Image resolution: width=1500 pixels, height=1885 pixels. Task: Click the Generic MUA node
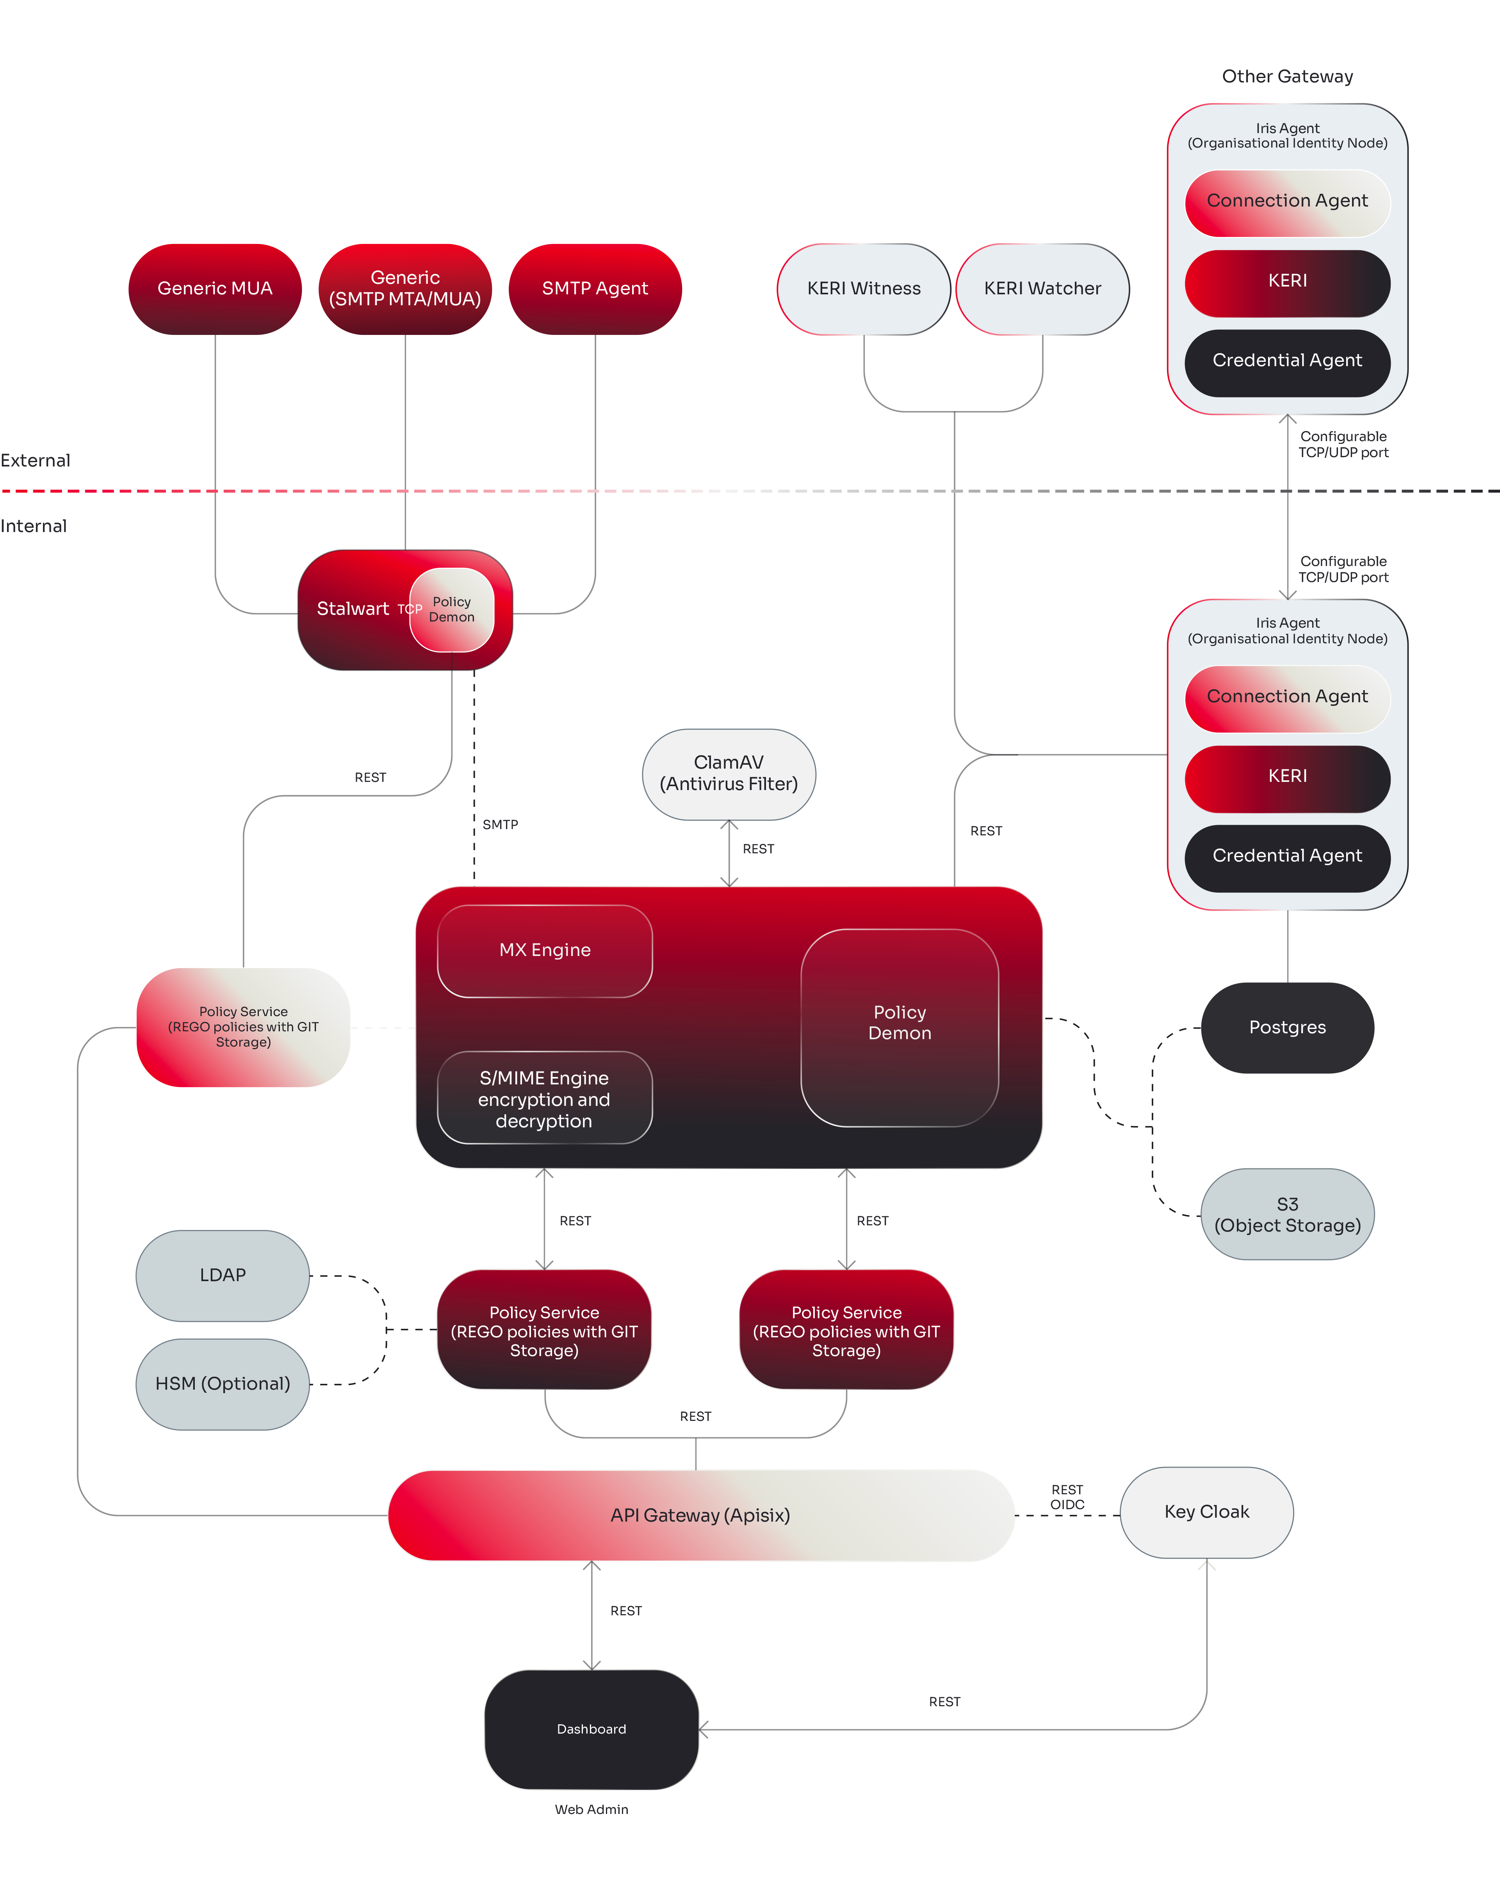[215, 288]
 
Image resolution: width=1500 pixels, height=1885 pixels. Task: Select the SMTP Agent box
[595, 288]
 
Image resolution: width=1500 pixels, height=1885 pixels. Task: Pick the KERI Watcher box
[1042, 288]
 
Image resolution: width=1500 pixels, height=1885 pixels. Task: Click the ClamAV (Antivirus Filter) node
[729, 774]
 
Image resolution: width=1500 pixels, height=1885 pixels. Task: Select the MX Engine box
[545, 951]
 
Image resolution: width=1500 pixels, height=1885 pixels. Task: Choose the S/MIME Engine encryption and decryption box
[545, 1098]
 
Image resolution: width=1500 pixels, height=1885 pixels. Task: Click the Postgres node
[1288, 1027]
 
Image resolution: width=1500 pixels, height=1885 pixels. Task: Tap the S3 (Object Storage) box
[1288, 1214]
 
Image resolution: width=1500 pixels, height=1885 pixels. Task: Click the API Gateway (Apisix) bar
[700, 1515]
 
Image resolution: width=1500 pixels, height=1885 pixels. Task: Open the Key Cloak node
[1207, 1513]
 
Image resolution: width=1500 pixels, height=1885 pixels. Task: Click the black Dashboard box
[591, 1729]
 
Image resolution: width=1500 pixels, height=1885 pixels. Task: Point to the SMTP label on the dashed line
[500, 824]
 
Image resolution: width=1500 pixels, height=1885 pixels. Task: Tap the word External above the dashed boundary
[35, 461]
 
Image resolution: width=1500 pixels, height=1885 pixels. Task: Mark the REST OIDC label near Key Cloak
[1067, 1497]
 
